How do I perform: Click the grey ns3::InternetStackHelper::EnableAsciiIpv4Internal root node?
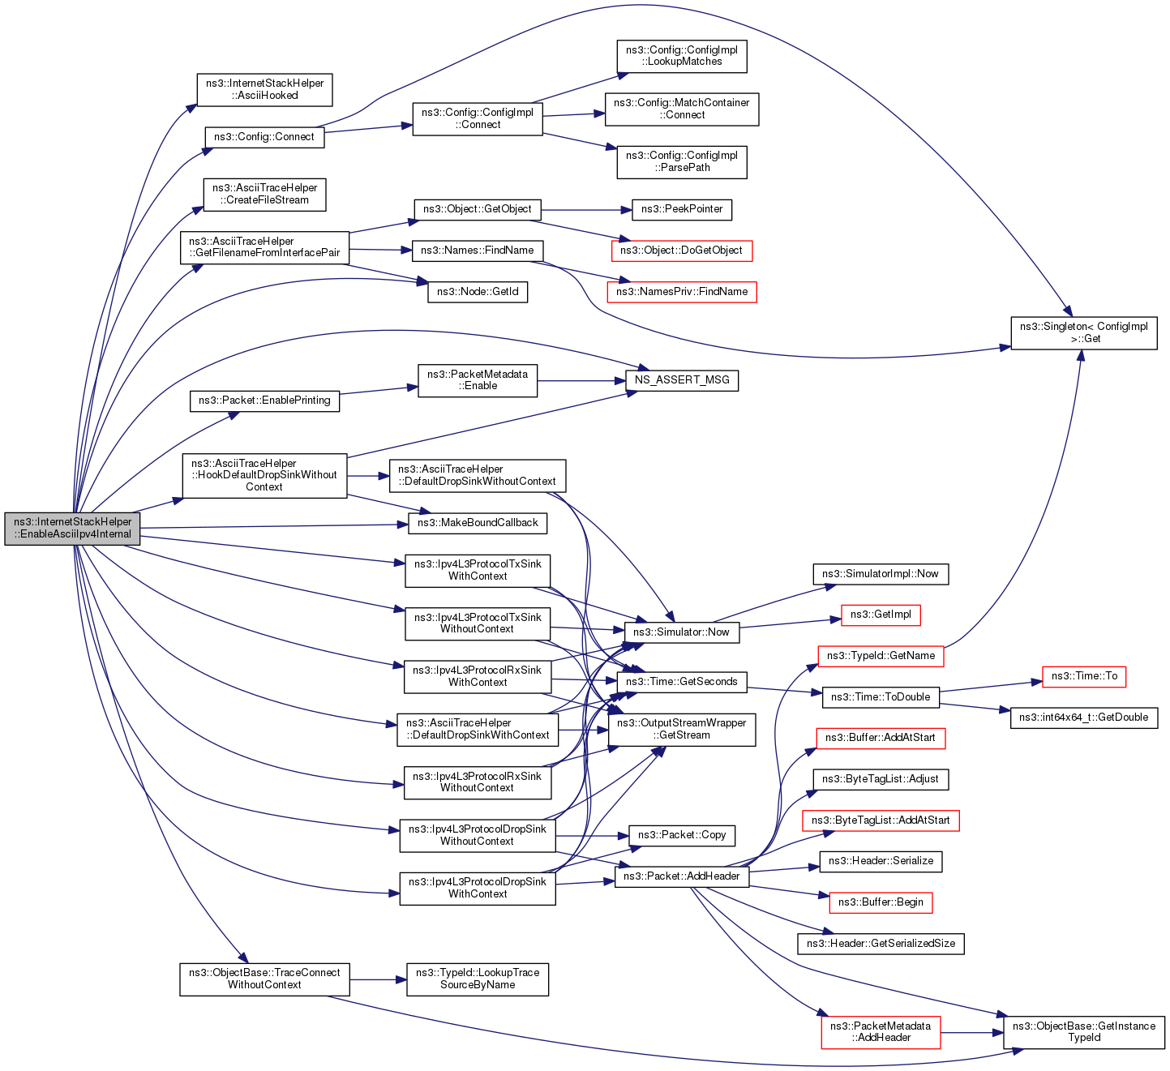click(x=72, y=529)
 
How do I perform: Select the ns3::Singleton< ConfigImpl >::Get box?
click(x=1083, y=333)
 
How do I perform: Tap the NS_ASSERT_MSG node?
click(x=682, y=380)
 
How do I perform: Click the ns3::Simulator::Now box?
click(x=681, y=632)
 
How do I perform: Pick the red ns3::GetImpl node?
click(x=881, y=615)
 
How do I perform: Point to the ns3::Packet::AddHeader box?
click(x=682, y=876)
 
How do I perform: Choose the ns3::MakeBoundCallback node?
click(x=478, y=523)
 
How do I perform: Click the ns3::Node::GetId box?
click(x=478, y=292)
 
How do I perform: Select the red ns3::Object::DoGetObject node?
click(x=681, y=251)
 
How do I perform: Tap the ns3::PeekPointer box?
click(x=682, y=209)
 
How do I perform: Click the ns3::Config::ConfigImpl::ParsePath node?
click(x=682, y=162)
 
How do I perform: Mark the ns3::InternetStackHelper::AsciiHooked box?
click(x=264, y=89)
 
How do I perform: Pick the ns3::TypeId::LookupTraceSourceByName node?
click(x=478, y=979)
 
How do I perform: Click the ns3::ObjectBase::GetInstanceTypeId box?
click(x=1084, y=1032)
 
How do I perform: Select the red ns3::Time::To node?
click(x=1084, y=676)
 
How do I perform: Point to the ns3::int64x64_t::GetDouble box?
click(x=1084, y=718)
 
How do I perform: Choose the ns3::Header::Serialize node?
click(x=881, y=861)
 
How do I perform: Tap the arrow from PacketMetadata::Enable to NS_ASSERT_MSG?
click(x=581, y=380)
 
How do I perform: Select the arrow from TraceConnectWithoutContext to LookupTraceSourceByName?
click(x=377, y=979)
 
